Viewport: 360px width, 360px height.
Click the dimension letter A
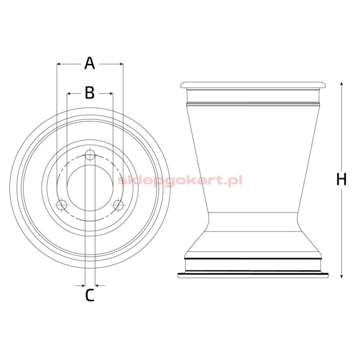click(90, 63)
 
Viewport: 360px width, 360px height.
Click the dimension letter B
click(90, 93)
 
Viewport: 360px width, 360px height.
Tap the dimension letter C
click(90, 295)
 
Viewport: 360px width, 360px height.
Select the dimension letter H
click(342, 179)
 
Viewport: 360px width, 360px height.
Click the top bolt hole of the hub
click(90, 155)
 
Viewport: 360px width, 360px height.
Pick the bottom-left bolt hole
click(62, 205)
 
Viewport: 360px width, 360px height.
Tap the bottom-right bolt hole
click(118, 205)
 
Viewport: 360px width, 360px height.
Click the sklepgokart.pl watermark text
click(180, 180)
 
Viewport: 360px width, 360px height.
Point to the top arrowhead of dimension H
click(342, 84)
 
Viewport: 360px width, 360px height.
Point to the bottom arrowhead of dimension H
click(342, 276)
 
